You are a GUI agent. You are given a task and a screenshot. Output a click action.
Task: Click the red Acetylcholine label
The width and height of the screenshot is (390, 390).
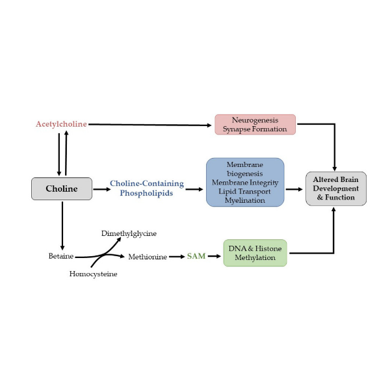61,123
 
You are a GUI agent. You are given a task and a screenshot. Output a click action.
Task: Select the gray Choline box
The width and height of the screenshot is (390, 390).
61,188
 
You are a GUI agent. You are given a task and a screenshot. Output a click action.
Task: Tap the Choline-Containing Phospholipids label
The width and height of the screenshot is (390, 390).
146,188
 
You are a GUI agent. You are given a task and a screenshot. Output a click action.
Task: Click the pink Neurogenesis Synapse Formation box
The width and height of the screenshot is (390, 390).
255,124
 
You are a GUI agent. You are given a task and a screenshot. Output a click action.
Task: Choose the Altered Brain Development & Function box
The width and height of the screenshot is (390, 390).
336,188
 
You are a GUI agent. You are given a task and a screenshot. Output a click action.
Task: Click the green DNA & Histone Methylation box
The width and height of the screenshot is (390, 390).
255,253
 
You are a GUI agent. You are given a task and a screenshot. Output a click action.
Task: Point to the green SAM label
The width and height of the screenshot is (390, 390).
196,256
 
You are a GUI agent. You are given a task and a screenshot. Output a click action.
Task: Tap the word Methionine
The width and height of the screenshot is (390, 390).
146,257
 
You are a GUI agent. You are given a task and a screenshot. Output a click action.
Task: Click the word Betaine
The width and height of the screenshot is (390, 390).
61,257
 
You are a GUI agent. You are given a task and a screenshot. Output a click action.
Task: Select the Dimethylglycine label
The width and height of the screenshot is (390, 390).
129,233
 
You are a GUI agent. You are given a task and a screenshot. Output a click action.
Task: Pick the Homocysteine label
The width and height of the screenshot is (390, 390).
93,274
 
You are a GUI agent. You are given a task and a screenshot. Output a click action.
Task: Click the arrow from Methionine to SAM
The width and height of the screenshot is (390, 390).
176,257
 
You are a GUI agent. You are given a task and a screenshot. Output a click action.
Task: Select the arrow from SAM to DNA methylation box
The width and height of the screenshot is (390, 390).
214,256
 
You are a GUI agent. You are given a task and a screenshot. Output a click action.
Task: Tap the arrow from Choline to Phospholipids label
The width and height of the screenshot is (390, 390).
101,189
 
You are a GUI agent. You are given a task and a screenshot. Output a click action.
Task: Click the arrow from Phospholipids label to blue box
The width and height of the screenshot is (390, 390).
194,189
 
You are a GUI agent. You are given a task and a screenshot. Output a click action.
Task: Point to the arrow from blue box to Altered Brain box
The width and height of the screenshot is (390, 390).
294,189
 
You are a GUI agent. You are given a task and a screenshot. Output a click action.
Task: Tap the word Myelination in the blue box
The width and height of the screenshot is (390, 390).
245,200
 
